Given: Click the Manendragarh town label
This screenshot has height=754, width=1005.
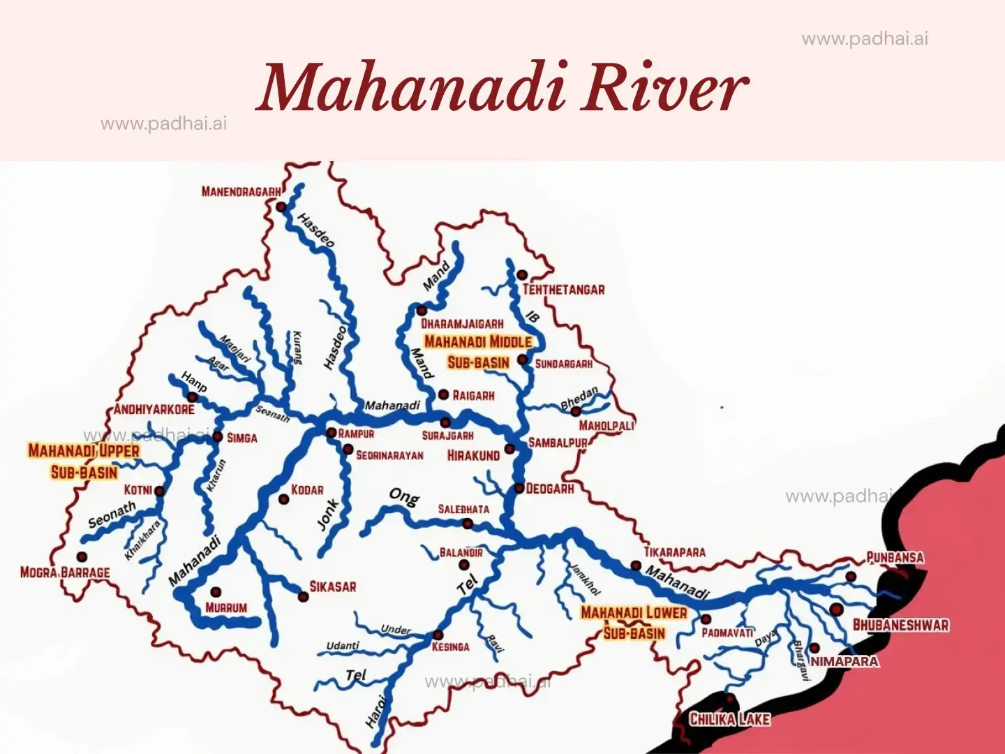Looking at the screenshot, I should (241, 191).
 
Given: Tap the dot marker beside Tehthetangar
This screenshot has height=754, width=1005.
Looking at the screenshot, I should (521, 274).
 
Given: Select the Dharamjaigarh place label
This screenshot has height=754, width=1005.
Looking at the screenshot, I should (462, 324).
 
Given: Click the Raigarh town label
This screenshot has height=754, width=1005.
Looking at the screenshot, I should (473, 396).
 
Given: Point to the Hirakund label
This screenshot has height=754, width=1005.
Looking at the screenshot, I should (473, 456).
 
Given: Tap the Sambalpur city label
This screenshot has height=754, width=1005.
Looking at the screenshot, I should (558, 443).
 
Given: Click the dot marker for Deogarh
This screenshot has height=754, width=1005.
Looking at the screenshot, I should (519, 488).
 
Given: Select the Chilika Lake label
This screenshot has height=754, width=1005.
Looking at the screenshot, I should (729, 719).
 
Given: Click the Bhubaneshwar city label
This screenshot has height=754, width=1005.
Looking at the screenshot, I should (901, 625).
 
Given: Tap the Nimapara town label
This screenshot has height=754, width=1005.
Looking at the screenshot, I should (844, 661).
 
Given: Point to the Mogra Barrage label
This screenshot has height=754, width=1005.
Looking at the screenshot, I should (65, 572).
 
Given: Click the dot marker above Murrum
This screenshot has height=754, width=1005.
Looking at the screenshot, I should (216, 592).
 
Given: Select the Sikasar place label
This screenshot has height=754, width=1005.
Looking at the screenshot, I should (332, 587).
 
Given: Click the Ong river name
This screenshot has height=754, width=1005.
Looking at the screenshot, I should (404, 496).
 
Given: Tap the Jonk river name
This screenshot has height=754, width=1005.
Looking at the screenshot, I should (328, 514).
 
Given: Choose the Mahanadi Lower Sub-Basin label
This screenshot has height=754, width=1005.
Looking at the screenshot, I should (634, 622).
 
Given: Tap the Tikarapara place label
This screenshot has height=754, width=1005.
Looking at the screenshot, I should (674, 552).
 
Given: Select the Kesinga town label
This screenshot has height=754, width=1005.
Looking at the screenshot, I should (450, 647).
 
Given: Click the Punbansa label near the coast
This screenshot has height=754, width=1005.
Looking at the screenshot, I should (895, 557).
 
